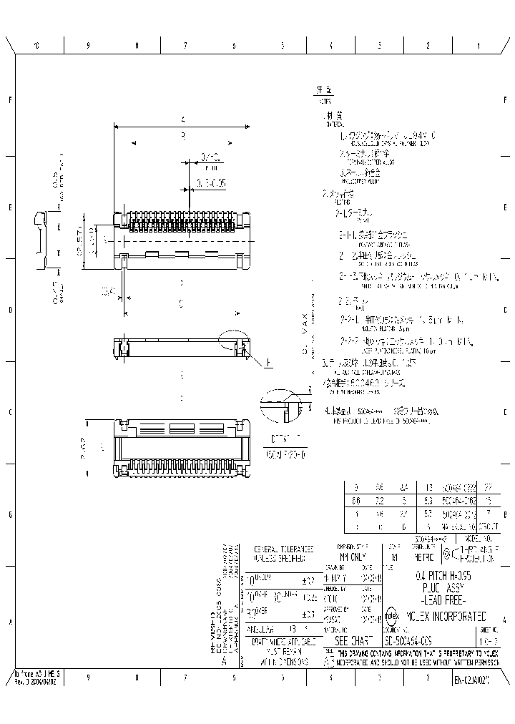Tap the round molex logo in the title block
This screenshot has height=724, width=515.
[393, 616]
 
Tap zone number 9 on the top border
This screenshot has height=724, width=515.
[88, 45]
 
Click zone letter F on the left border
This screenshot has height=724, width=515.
[10, 100]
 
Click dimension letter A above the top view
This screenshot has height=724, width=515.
[183, 119]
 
